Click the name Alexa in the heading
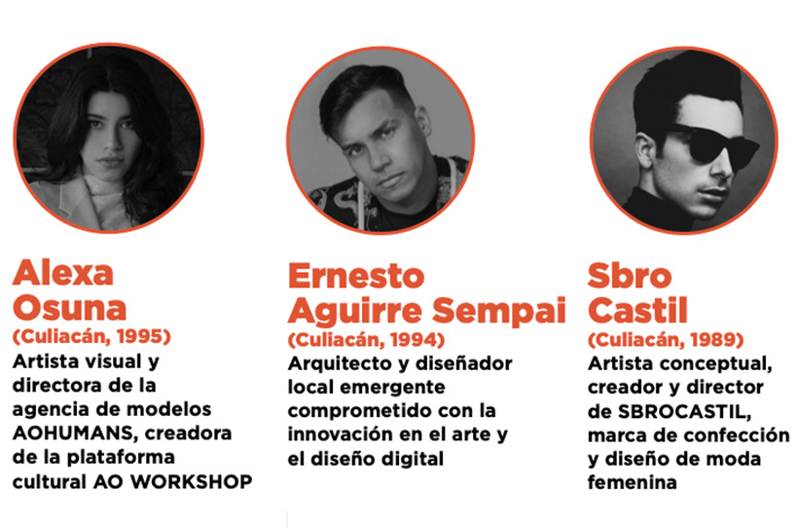[63, 273]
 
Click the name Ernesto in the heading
[356, 276]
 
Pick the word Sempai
[499, 311]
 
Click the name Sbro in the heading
[630, 276]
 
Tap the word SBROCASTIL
[685, 411]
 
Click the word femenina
[632, 482]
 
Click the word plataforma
[121, 457]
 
